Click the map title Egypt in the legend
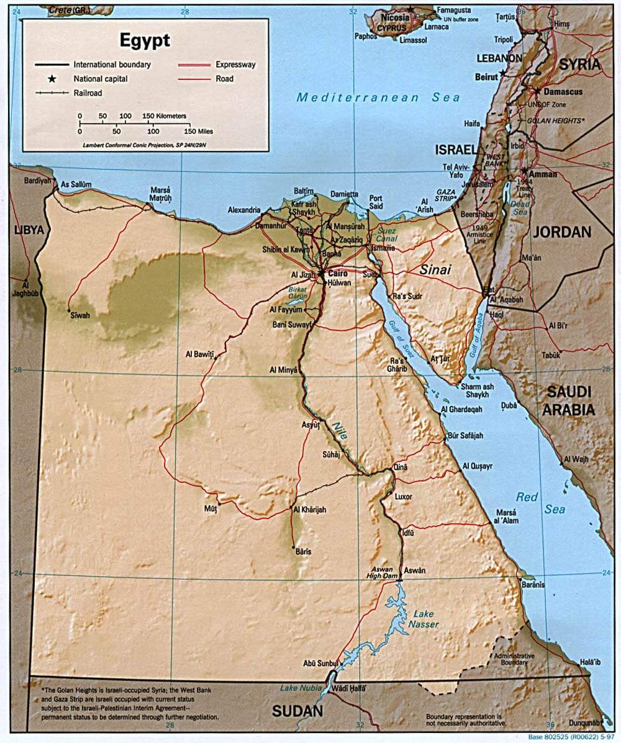pos(145,40)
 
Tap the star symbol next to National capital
pos(53,79)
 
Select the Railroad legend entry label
pos(88,93)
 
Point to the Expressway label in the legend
pos(235,65)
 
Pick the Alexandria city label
pos(244,210)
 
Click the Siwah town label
pos(80,315)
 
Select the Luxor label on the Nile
pos(404,497)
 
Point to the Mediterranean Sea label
pos(378,97)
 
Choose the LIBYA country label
pos(29,230)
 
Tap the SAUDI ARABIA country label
pos(569,401)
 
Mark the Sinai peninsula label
pos(435,270)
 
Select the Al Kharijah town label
pos(309,510)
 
